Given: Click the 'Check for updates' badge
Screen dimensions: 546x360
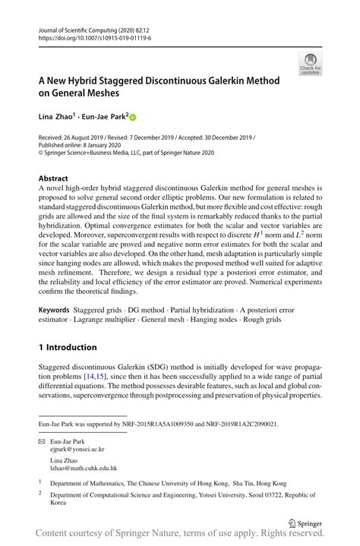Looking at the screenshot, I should (x=310, y=64).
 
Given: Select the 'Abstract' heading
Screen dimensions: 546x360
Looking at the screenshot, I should (x=54, y=177).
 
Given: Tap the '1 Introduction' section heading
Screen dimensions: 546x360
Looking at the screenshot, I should (x=68, y=347).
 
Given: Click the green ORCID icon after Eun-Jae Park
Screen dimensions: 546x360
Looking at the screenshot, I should (x=131, y=117).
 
